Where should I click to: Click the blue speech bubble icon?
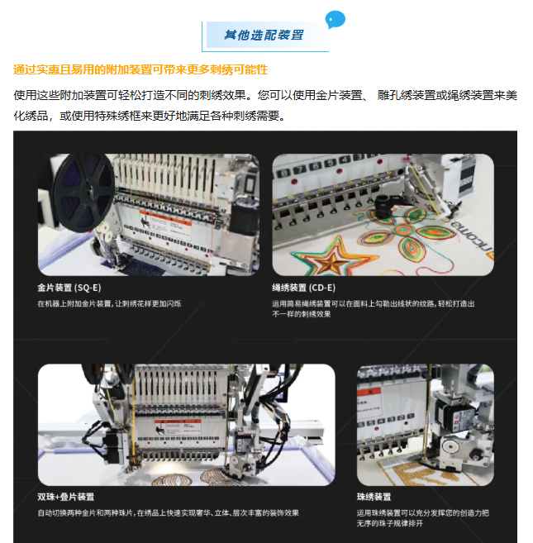tap(335, 19)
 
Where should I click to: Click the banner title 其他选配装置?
tap(264, 35)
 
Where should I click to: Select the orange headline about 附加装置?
tap(140, 69)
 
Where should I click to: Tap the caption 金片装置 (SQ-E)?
tap(69, 288)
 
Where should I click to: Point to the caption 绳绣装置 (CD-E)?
tap(304, 288)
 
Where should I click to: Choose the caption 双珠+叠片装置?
tap(66, 497)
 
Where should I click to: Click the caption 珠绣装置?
tap(374, 497)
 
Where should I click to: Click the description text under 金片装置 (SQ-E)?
tap(109, 303)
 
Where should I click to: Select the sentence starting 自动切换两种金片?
tap(169, 513)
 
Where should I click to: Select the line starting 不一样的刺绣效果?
tap(302, 314)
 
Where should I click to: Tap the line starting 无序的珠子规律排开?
tap(389, 523)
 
